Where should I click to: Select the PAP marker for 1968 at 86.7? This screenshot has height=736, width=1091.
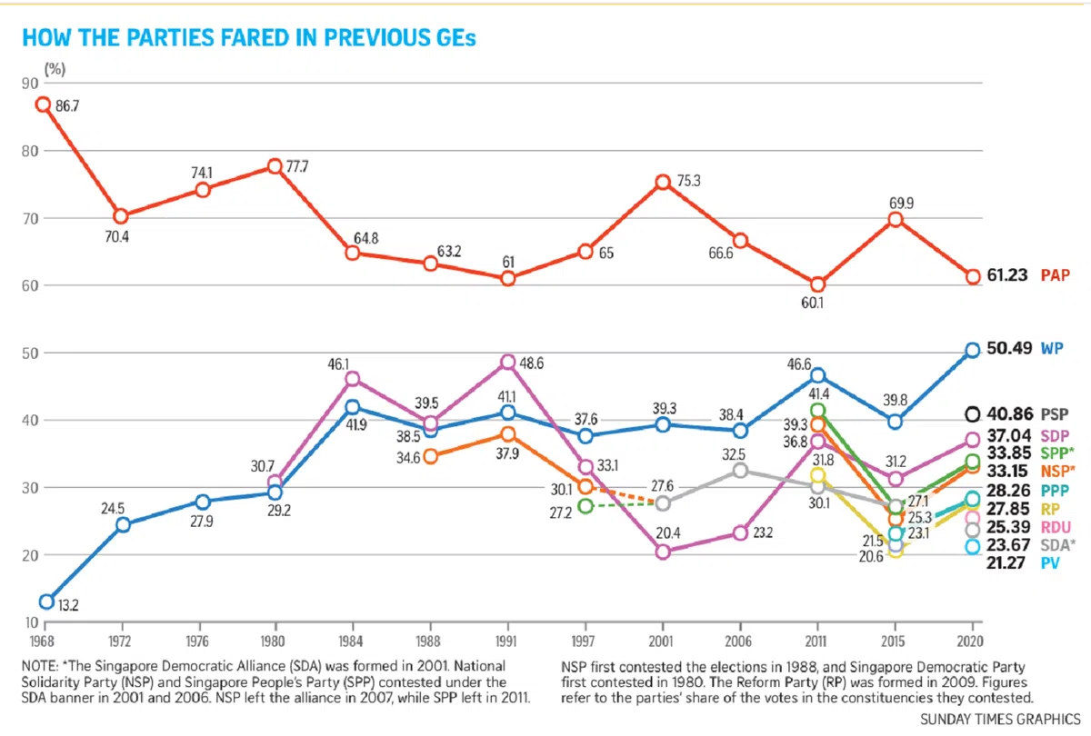coord(43,104)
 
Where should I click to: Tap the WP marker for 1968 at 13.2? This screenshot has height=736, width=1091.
coord(46,602)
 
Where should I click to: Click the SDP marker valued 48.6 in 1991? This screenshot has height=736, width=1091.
coord(508,363)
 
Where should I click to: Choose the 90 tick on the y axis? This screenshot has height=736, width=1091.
coord(26,83)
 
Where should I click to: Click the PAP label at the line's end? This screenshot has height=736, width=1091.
coord(1055,274)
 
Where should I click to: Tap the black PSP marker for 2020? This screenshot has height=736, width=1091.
coord(972,413)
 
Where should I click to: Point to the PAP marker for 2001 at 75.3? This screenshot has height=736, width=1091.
coord(663,182)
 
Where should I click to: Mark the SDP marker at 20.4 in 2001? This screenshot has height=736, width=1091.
coord(663,552)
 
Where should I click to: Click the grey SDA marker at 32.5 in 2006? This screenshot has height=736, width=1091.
coord(741,471)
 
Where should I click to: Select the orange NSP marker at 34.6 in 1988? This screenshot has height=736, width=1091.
coord(431,456)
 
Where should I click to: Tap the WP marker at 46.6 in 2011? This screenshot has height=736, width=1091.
coord(818,375)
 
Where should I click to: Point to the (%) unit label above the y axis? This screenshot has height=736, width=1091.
coord(54,67)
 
